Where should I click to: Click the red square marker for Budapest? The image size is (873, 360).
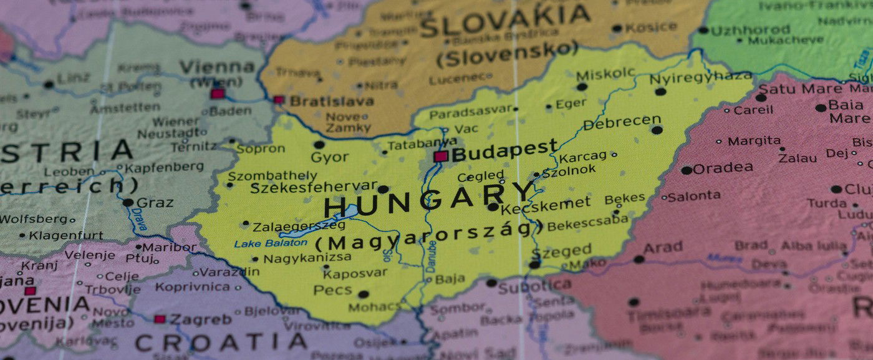441,156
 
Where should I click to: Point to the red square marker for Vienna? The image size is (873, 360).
217,94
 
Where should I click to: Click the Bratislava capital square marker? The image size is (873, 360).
278,100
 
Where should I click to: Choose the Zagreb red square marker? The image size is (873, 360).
160,319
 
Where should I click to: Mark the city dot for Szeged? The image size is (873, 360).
534,265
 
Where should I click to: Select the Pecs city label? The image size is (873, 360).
333,290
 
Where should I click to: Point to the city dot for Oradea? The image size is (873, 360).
686,170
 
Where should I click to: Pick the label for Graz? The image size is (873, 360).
155,203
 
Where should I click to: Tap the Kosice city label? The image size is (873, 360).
651,27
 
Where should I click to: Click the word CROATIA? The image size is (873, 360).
221,342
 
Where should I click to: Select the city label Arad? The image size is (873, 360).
662,248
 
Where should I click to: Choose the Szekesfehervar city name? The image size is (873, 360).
314,187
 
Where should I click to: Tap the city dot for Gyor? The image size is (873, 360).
319,145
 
